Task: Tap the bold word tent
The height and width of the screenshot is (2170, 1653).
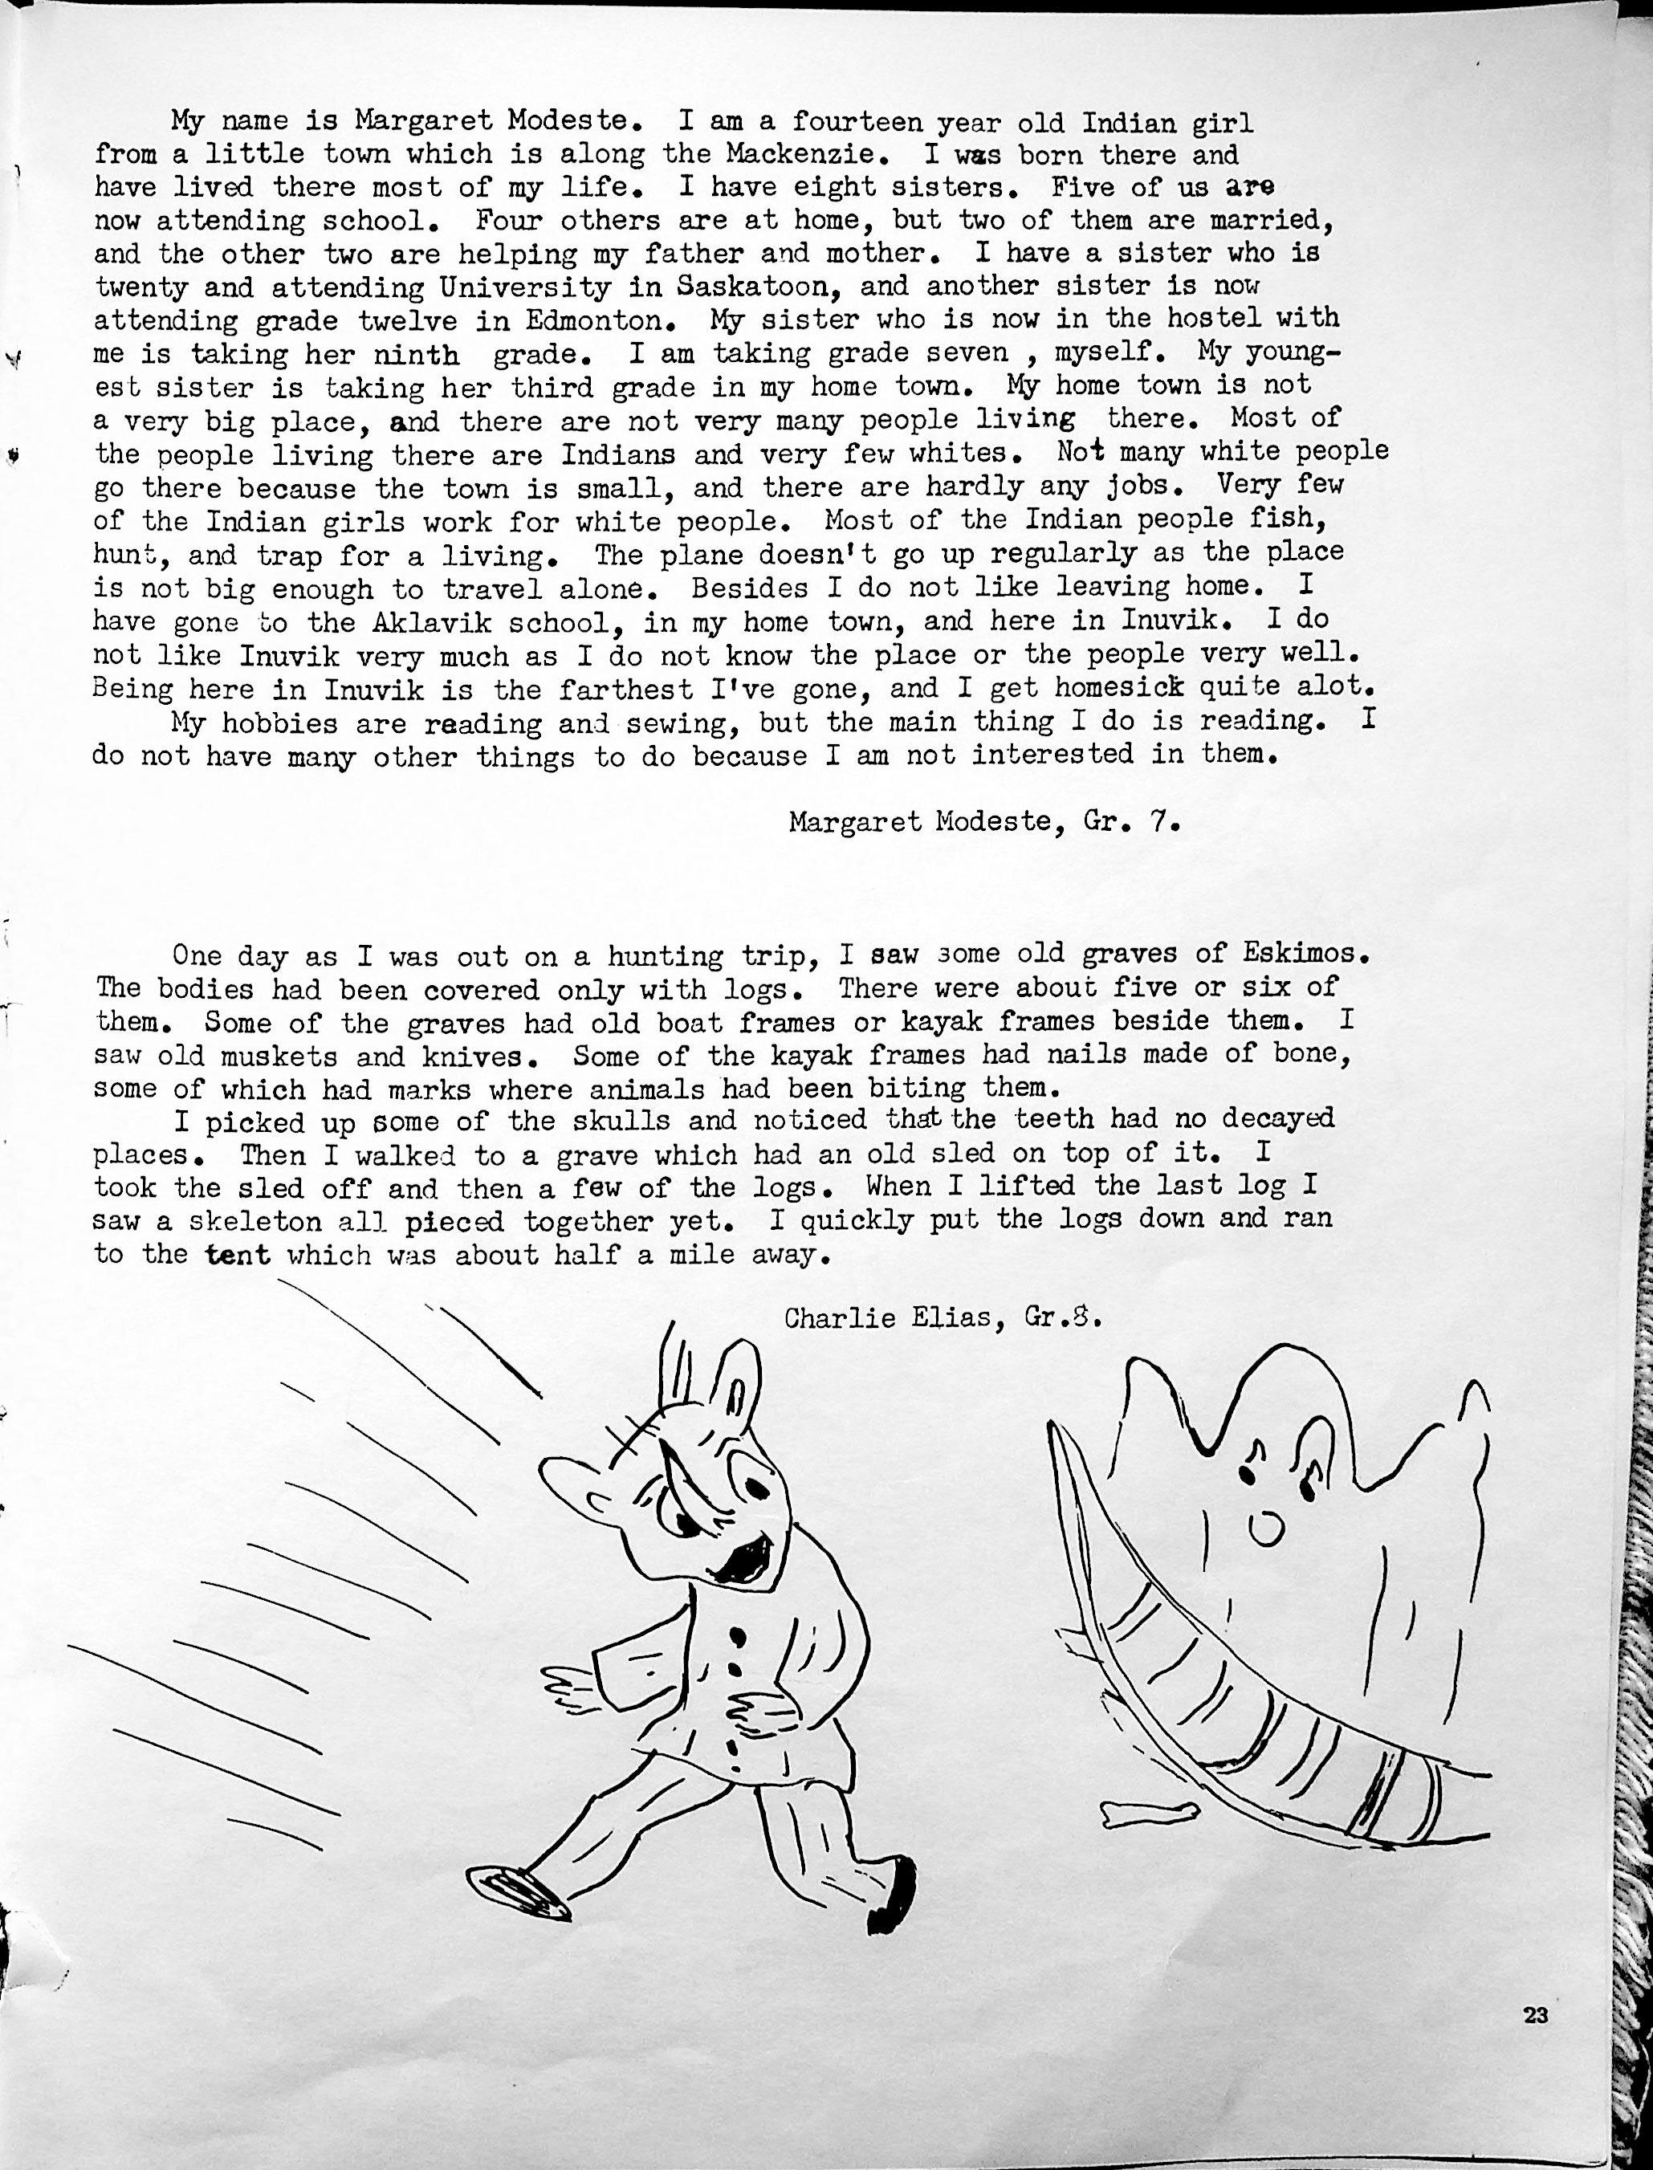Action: coord(239,1254)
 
